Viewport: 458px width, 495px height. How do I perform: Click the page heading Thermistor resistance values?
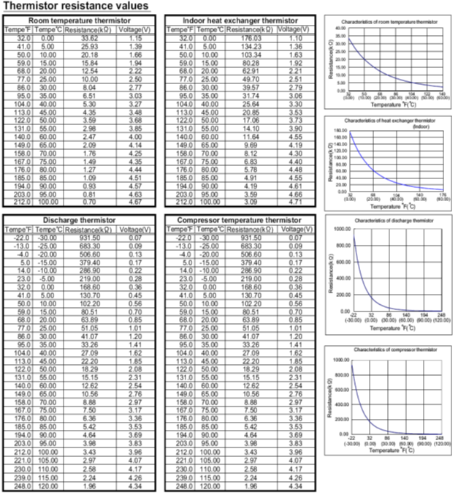tap(76, 6)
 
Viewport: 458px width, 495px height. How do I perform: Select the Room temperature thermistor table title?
tap(82, 20)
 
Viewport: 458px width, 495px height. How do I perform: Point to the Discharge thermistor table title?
tap(82, 220)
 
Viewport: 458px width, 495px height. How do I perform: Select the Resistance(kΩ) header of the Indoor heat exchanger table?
tap(251, 29)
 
